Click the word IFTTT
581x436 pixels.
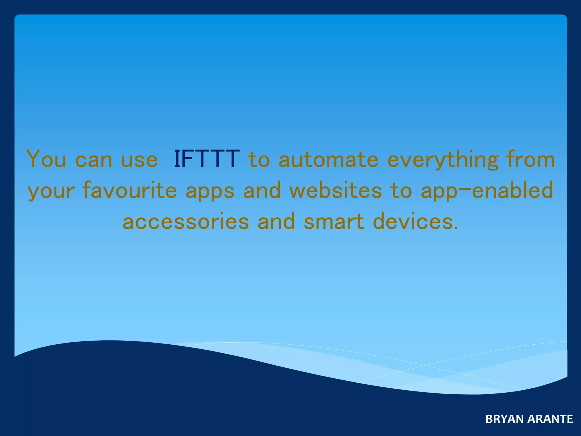(x=207, y=159)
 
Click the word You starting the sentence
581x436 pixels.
(x=46, y=159)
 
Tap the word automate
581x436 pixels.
(x=329, y=160)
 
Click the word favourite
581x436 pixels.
(x=130, y=190)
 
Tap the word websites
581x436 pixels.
(x=336, y=190)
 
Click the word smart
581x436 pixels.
(x=334, y=221)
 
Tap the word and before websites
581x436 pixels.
(x=262, y=190)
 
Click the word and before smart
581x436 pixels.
(x=276, y=221)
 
